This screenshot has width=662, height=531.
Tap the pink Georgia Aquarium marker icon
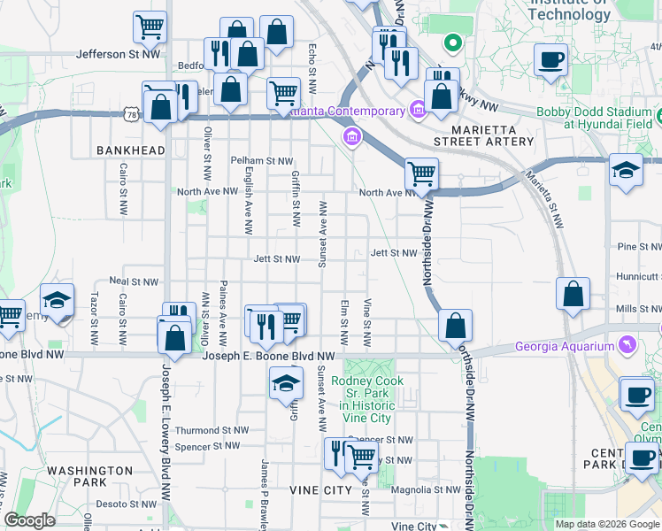click(x=627, y=343)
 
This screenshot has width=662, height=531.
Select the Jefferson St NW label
click(x=119, y=54)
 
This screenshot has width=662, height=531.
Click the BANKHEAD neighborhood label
click(x=131, y=150)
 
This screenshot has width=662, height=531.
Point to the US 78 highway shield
click(x=131, y=114)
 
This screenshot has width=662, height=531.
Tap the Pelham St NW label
click(x=261, y=161)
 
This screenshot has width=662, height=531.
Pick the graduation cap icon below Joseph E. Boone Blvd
click(x=286, y=383)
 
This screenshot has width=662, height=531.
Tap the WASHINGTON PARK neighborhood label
click(x=89, y=476)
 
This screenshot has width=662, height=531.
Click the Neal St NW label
click(x=134, y=281)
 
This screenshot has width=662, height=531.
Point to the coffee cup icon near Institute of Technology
click(x=550, y=61)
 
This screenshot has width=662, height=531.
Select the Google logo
click(x=29, y=520)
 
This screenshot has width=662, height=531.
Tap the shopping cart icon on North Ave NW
click(x=421, y=174)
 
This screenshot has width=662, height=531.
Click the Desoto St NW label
click(x=125, y=504)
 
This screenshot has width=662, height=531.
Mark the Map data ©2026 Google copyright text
click(x=606, y=524)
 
